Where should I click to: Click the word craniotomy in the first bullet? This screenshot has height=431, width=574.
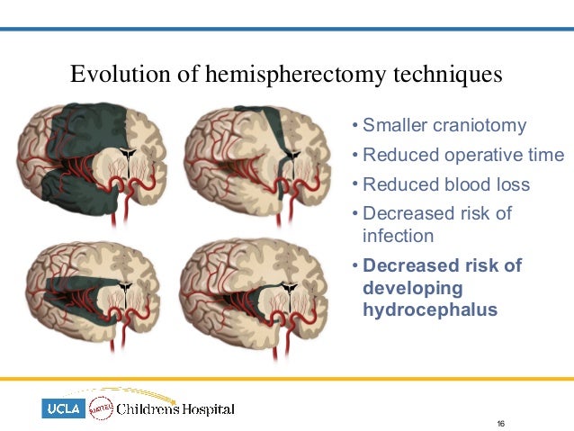click(x=481, y=126)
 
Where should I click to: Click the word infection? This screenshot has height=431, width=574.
click(x=398, y=236)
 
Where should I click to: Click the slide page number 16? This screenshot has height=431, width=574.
click(x=501, y=423)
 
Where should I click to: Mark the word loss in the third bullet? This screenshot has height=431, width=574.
click(x=513, y=185)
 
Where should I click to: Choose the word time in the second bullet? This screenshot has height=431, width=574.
click(x=545, y=156)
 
